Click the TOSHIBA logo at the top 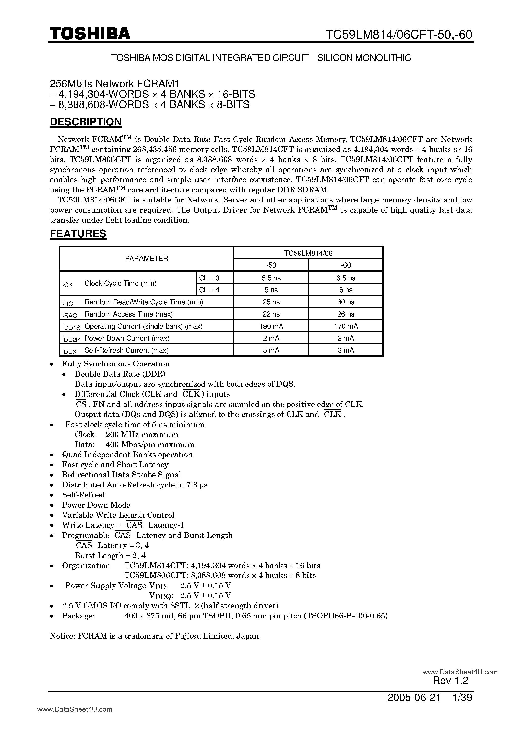(90, 33)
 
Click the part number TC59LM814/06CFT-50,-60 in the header (399, 34)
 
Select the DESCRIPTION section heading (86, 122)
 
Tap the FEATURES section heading (78, 234)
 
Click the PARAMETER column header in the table (147, 258)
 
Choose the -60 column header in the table (346, 265)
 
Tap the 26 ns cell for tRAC (346, 314)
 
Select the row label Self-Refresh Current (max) (127, 350)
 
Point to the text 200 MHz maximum (141, 435)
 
